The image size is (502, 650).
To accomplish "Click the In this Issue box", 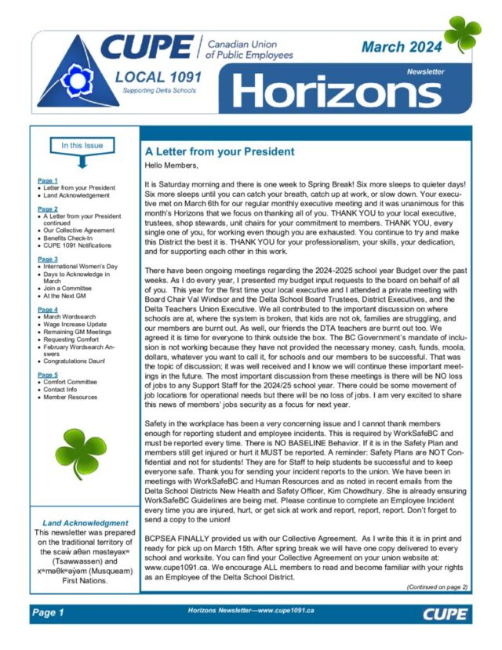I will click(x=82, y=145).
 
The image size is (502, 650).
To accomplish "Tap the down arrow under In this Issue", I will click(x=82, y=162).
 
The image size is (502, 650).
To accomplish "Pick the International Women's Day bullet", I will click(x=79, y=267).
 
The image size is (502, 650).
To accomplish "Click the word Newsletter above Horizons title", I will click(x=425, y=71).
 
